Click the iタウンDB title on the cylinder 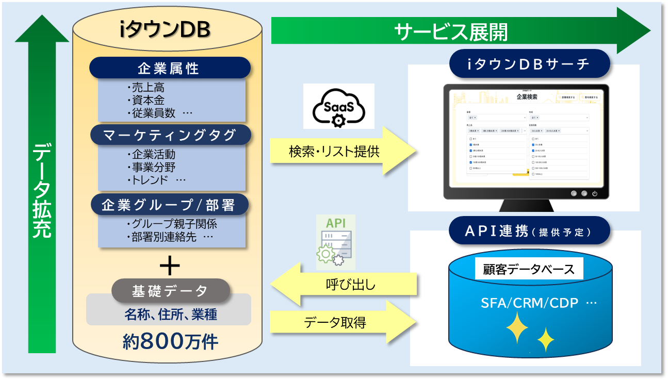165,31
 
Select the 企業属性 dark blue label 169,68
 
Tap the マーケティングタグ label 170,135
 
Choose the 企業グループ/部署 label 169,205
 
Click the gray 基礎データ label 170,291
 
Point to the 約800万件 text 170,341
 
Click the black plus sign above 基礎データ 170,266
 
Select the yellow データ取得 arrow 343,323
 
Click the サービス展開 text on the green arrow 450,32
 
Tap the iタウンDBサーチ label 528,64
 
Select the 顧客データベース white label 529,269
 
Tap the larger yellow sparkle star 517,328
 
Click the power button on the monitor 594,194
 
